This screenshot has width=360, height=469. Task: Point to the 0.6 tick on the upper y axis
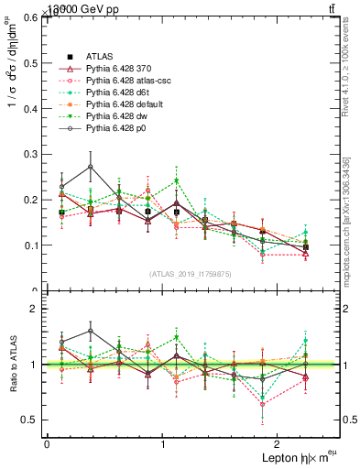pyautogui.click(x=46, y=16)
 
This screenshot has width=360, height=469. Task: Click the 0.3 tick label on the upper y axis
pyautogui.click(x=33, y=154)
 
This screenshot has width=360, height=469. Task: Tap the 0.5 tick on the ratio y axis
pyautogui.click(x=46, y=420)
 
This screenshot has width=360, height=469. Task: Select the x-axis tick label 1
pyautogui.click(x=162, y=443)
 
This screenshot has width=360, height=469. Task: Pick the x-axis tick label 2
pyautogui.click(x=278, y=443)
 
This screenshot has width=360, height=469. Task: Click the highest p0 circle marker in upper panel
pyautogui.click(x=90, y=167)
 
